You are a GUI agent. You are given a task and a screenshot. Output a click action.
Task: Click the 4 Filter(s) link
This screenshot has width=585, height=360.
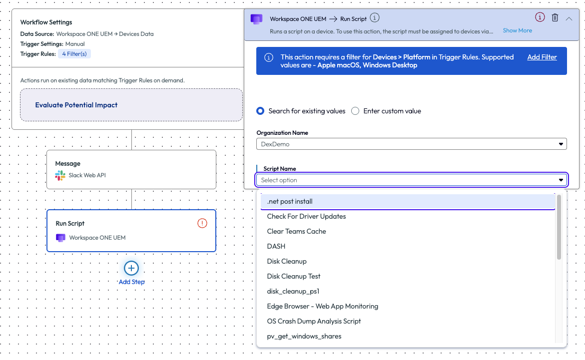(x=74, y=54)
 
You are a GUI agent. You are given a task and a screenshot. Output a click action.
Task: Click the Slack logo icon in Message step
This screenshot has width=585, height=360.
(x=60, y=175)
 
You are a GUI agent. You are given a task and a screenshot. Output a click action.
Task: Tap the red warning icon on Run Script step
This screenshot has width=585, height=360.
(x=202, y=223)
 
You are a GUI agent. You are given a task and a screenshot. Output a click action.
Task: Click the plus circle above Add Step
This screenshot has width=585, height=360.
(x=131, y=268)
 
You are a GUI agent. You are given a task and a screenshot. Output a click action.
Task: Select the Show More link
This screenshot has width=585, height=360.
(x=517, y=30)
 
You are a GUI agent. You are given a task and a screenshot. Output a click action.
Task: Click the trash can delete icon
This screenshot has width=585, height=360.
(x=555, y=17)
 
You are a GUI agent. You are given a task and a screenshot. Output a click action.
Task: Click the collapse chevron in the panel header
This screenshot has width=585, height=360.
(x=569, y=18)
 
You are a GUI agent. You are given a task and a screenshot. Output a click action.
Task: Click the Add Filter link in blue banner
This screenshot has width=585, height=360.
(x=542, y=57)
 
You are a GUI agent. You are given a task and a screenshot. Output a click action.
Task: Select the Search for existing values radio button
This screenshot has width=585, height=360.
(x=260, y=111)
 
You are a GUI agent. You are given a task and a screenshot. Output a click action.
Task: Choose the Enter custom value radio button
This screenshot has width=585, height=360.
(x=355, y=111)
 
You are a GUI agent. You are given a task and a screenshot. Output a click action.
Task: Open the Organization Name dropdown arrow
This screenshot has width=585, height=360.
(x=561, y=144)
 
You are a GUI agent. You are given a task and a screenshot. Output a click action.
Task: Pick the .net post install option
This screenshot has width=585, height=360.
(x=290, y=201)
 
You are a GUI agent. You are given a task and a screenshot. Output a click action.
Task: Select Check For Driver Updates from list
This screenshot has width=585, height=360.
(x=306, y=216)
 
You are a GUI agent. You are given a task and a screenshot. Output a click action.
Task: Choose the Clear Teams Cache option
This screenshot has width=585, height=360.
(x=297, y=231)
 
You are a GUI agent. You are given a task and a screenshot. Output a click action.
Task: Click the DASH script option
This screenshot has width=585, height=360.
(x=276, y=246)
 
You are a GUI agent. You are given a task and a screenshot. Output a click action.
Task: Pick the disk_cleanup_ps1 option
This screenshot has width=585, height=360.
(x=293, y=292)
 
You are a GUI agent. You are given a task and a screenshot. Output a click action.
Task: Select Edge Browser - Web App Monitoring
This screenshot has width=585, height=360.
(x=323, y=306)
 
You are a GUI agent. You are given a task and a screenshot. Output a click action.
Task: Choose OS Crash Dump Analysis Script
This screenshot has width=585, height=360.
(x=314, y=321)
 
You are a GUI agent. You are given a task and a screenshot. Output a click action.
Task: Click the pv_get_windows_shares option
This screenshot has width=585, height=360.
(x=304, y=336)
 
